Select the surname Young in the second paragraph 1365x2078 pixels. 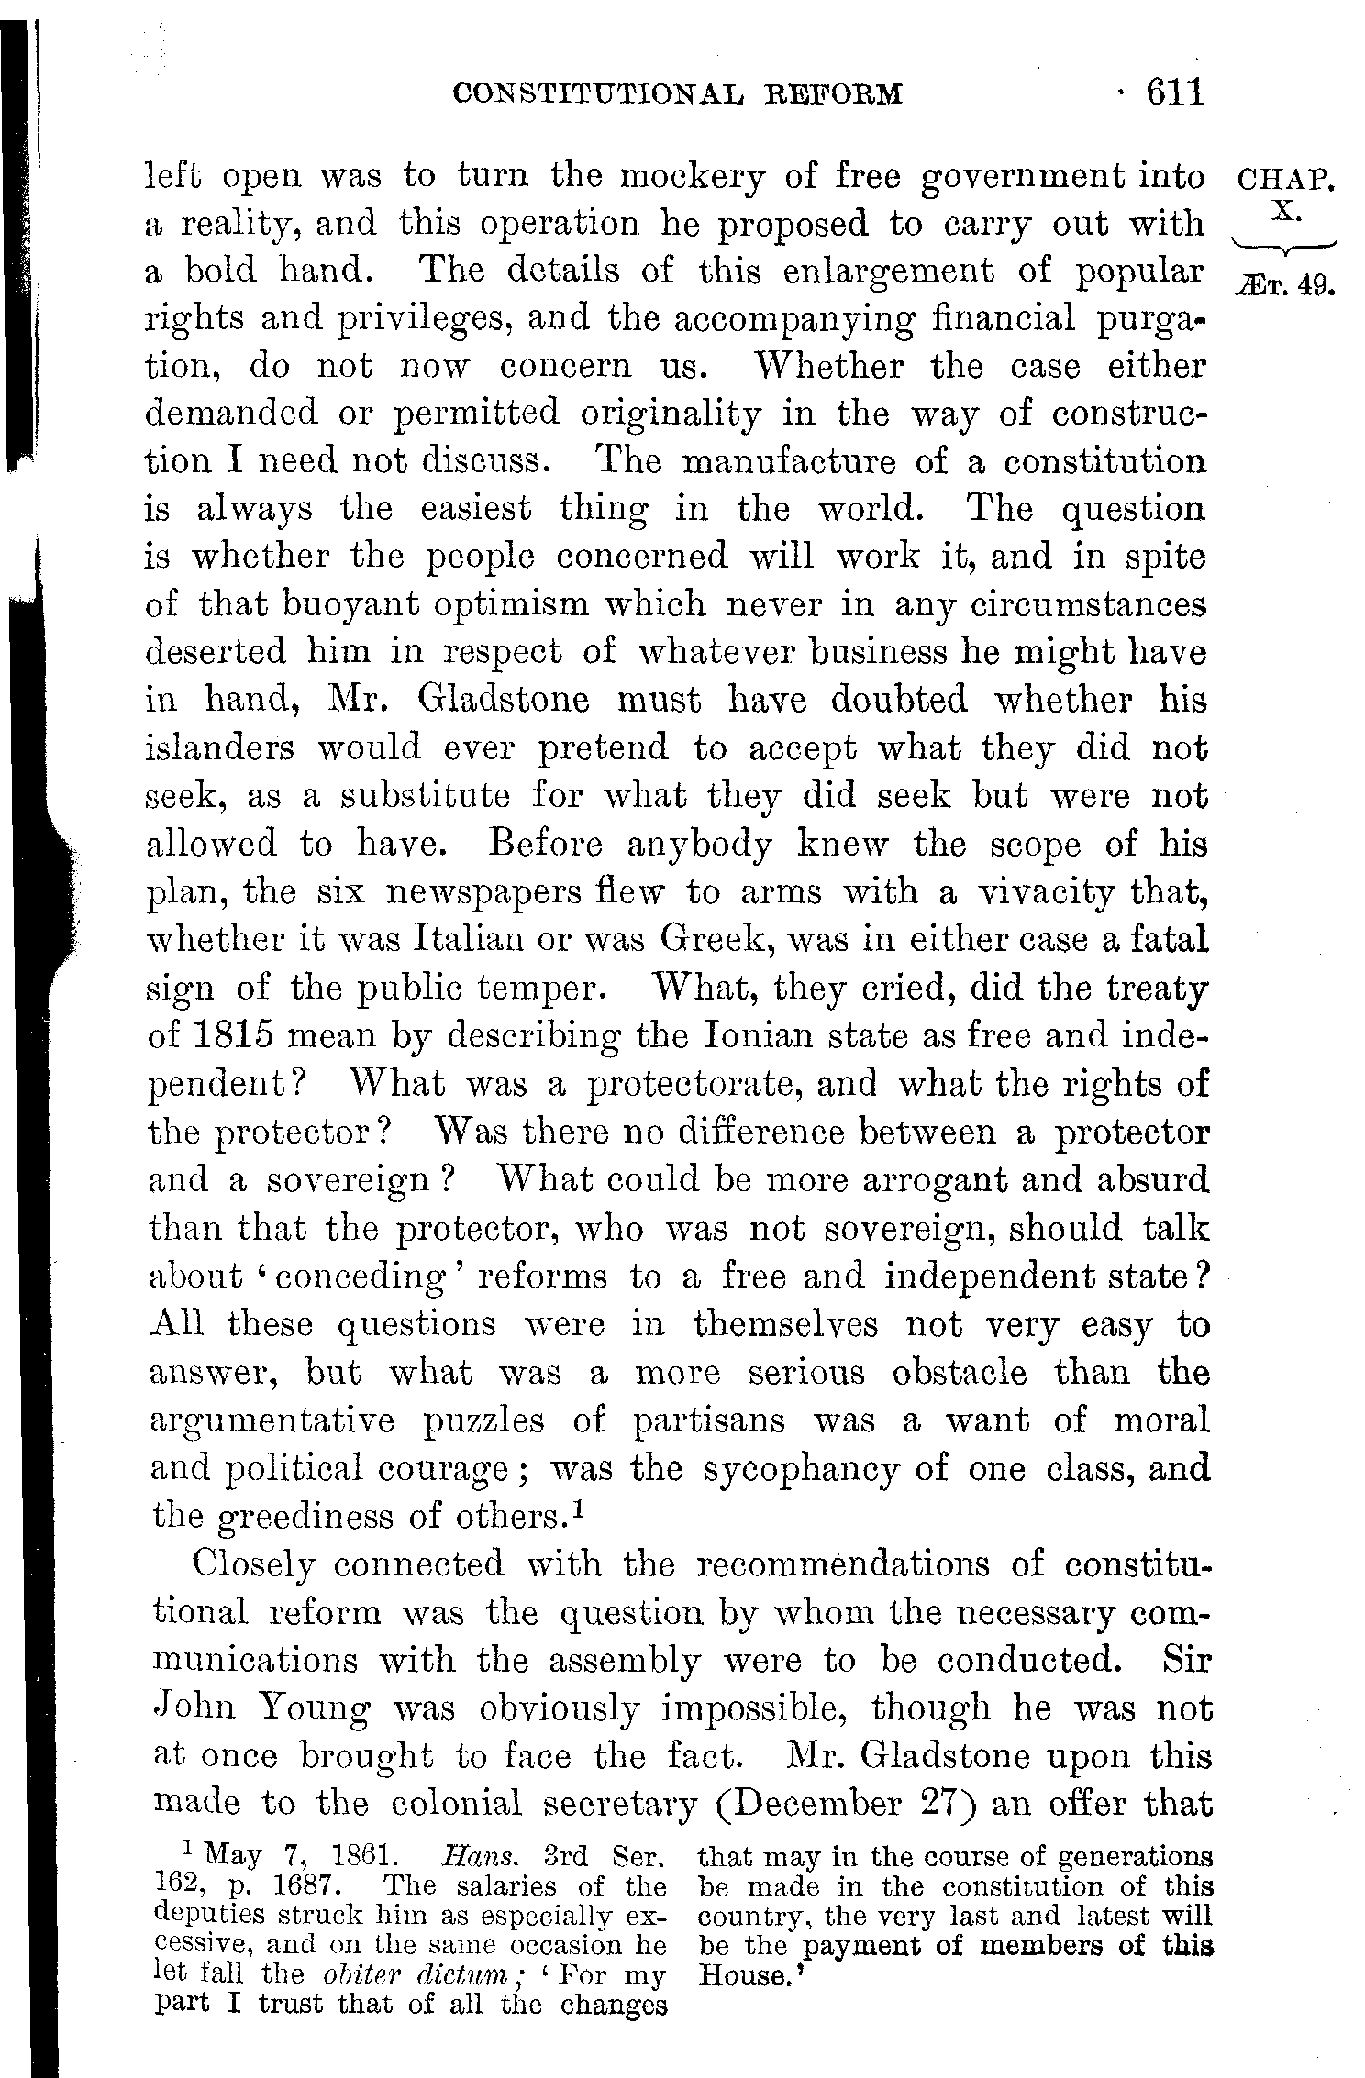315,1708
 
